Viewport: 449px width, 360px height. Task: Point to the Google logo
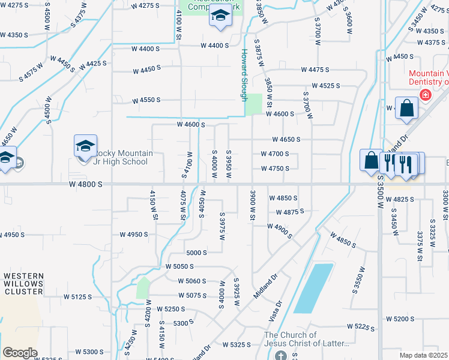click(x=20, y=353)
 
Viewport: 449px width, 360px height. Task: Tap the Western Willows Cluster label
click(x=23, y=284)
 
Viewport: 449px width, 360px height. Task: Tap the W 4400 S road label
click(x=215, y=46)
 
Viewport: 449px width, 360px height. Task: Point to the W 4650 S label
click(x=286, y=139)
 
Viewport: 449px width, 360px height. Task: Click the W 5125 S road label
click(x=77, y=296)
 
